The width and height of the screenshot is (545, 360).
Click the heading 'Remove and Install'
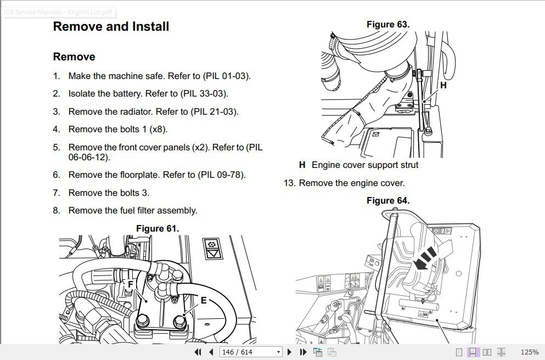pyautogui.click(x=111, y=27)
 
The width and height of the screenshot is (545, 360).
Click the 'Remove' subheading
pyautogui.click(x=74, y=57)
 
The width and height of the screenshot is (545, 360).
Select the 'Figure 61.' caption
pyautogui.click(x=158, y=228)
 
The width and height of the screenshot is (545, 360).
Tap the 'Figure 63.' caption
pyautogui.click(x=388, y=25)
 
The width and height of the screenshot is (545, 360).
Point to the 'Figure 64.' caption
pyautogui.click(x=388, y=201)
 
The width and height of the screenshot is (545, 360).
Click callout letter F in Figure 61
pyautogui.click(x=131, y=284)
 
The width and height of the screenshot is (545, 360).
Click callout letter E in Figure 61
pyautogui.click(x=204, y=300)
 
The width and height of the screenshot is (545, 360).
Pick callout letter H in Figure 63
pyautogui.click(x=443, y=86)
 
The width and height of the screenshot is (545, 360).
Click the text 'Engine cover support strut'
pyautogui.click(x=364, y=165)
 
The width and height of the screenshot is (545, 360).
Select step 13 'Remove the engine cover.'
pyautogui.click(x=351, y=183)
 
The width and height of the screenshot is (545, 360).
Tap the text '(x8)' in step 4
pyautogui.click(x=158, y=130)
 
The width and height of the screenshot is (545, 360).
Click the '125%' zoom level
pyautogui.click(x=529, y=352)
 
